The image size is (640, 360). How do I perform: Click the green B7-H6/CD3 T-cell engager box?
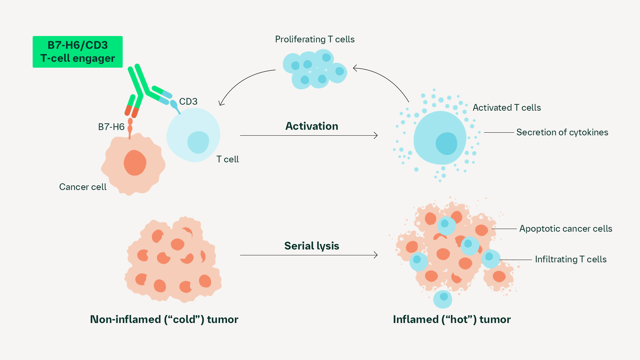click(x=77, y=52)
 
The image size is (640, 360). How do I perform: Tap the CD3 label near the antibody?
click(x=188, y=101)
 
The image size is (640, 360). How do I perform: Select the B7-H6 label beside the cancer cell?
click(x=111, y=127)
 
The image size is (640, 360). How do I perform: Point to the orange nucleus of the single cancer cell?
click(x=135, y=163)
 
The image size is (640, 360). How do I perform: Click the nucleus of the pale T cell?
click(x=198, y=142)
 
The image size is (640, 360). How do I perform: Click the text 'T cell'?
click(x=227, y=159)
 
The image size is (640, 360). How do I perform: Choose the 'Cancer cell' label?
click(x=83, y=187)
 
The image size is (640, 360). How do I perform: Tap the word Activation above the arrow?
click(x=312, y=126)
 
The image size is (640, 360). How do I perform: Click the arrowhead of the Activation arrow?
click(x=376, y=135)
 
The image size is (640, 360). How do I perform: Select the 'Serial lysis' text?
click(x=312, y=246)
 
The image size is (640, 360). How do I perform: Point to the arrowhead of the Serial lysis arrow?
click(x=376, y=255)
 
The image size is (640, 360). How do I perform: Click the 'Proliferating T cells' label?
click(x=315, y=39)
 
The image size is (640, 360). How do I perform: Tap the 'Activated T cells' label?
click(x=507, y=108)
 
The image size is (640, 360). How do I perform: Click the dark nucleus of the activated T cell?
click(x=446, y=144)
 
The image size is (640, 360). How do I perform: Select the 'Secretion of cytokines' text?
click(x=562, y=132)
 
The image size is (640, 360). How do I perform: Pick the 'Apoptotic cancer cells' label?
click(x=566, y=229)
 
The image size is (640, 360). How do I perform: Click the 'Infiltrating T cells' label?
click(x=571, y=259)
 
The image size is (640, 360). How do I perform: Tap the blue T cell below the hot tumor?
click(x=443, y=299)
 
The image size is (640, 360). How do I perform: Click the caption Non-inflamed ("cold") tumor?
click(x=164, y=319)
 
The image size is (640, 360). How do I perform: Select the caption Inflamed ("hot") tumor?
click(x=452, y=319)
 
